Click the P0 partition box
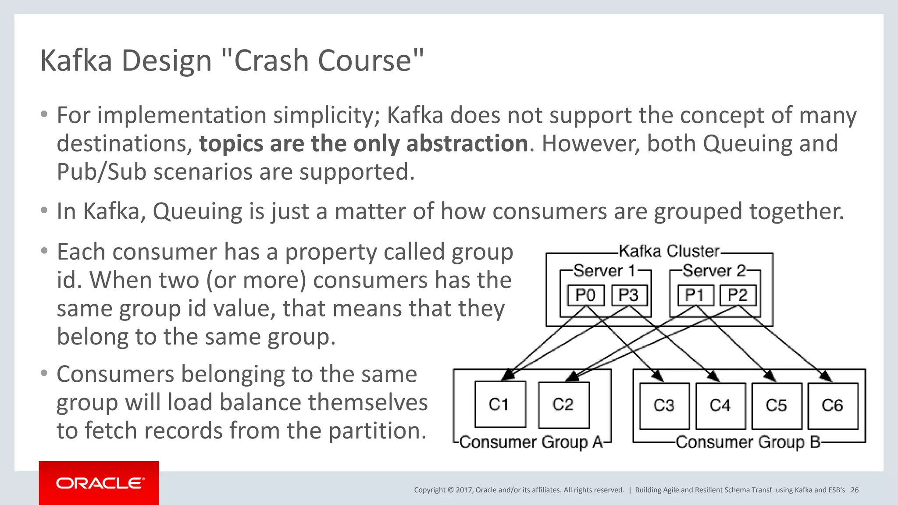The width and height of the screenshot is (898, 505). [x=585, y=295]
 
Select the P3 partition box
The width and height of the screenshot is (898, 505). [x=628, y=295]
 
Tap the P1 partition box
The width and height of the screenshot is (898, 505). [x=695, y=295]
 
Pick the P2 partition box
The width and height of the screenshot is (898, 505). [x=738, y=295]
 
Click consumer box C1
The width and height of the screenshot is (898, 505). [x=500, y=404]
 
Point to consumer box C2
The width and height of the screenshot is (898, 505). [x=563, y=405]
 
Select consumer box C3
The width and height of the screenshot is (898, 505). [x=664, y=406]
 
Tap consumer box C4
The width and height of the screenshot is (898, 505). [x=720, y=406]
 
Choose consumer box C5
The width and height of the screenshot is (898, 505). [x=777, y=406]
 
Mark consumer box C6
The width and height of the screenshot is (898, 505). [x=833, y=406]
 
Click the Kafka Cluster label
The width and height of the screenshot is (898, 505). [x=669, y=251]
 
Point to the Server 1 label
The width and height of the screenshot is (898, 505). [x=605, y=271]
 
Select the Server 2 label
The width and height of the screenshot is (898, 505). [x=714, y=271]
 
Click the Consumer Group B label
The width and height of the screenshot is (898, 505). [x=748, y=442]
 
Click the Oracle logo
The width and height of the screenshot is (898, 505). [x=99, y=483]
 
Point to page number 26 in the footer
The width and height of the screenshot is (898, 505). [x=855, y=490]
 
